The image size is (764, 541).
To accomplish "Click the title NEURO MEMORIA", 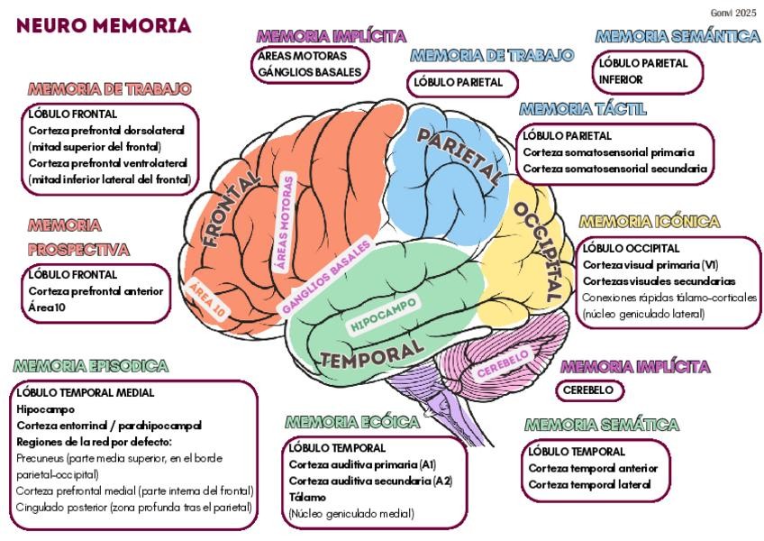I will (x=104, y=25).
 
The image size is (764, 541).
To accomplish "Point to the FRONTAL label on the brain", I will (x=230, y=212).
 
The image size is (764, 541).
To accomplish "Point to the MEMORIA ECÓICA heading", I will (x=352, y=422).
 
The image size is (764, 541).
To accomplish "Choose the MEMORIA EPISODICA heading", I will (x=91, y=366).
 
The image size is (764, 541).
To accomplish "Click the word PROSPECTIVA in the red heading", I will (x=78, y=249).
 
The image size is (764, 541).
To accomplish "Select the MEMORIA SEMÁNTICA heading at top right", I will (x=677, y=37).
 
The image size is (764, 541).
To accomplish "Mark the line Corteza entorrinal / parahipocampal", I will (x=108, y=425).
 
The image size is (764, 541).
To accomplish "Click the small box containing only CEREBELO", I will (x=590, y=390).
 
